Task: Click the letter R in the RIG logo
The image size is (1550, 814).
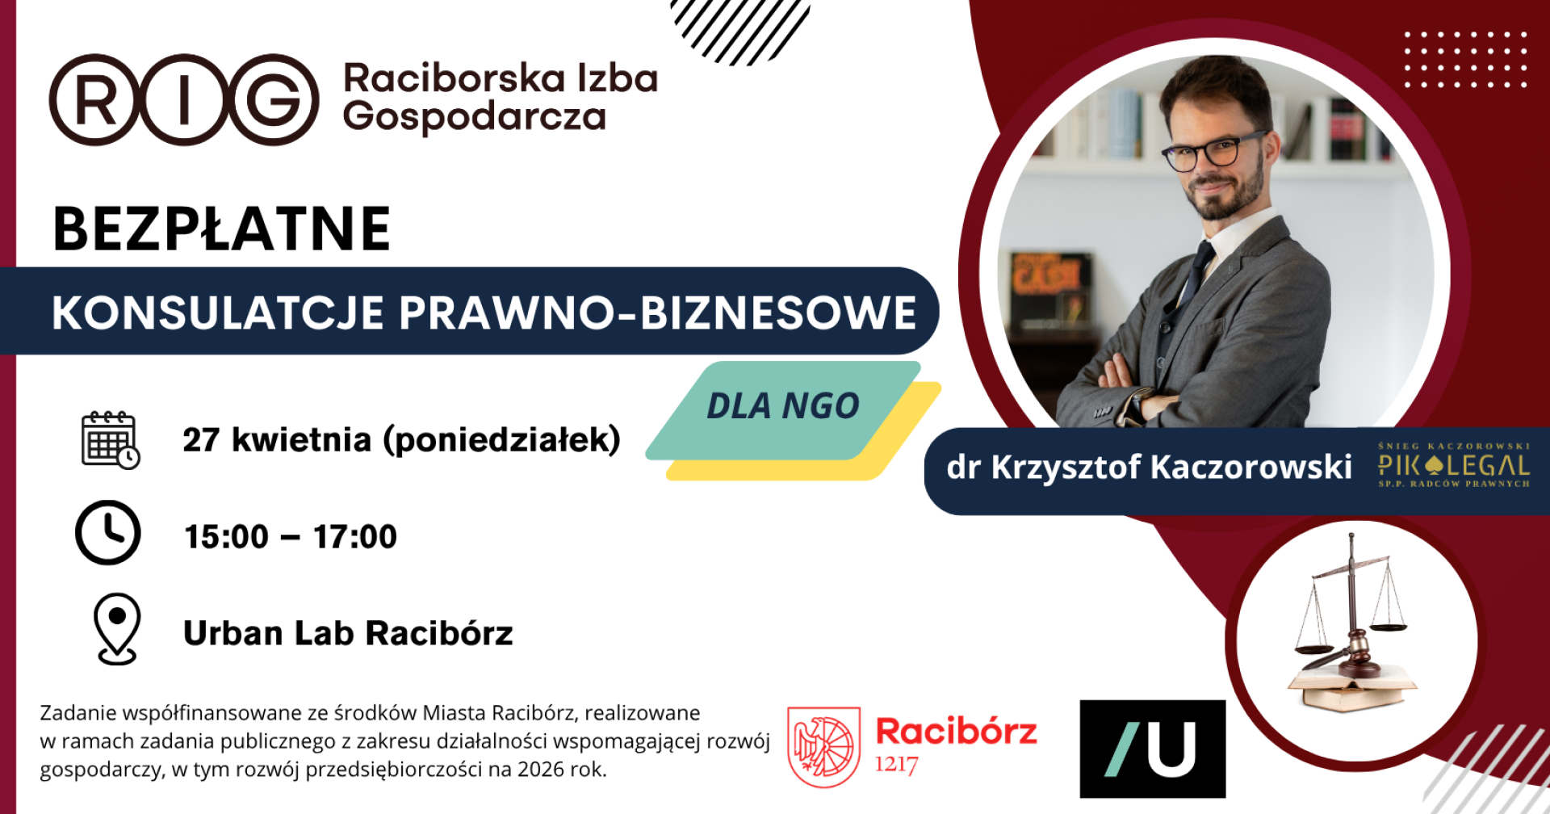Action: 95,100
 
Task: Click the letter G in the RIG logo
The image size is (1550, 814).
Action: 274,100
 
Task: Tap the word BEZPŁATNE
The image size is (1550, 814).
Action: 222,229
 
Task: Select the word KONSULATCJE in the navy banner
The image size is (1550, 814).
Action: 217,313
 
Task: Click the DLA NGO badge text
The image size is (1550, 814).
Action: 782,406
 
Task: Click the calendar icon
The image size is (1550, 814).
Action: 111,440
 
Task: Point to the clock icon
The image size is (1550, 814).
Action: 107,532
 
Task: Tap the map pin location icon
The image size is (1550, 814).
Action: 117,629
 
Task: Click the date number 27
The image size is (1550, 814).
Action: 201,440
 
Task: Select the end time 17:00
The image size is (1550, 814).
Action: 355,537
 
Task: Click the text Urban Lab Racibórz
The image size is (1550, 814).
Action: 348,633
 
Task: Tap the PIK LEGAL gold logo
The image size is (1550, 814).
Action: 1453,465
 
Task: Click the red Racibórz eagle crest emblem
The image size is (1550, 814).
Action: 823,747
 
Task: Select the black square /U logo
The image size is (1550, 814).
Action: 1152,749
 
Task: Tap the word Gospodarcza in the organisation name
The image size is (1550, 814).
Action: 474,118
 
